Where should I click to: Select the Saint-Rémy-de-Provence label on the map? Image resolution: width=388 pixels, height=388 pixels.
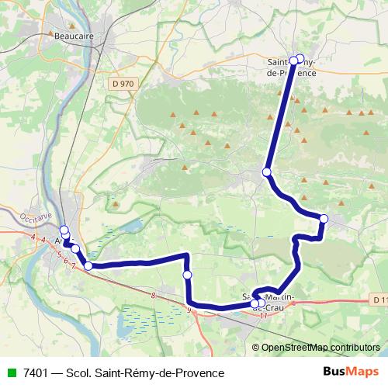tap(291, 67)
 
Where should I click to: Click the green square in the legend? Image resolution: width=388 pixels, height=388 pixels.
tap(11, 373)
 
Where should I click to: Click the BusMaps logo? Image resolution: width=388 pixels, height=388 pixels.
tap(351, 372)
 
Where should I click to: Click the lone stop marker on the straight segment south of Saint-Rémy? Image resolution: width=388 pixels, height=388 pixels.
tap(267, 171)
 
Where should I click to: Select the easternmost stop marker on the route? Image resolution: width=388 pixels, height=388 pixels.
tap(324, 219)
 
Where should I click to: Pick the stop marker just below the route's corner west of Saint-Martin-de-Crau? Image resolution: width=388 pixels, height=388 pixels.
tap(187, 275)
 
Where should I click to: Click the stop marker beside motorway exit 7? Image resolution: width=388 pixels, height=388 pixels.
tap(88, 266)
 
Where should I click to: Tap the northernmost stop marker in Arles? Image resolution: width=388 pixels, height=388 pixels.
tap(64, 230)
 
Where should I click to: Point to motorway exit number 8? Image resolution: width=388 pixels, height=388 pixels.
tap(154, 296)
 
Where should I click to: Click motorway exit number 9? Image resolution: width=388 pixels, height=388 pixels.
tap(189, 310)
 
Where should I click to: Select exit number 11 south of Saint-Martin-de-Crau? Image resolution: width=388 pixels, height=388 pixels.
tap(263, 315)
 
